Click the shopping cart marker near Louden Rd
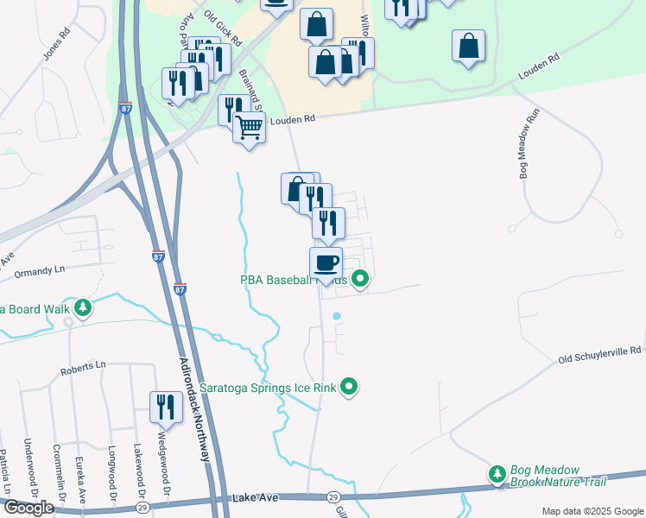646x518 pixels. tap(250, 128)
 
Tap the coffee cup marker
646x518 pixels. tap(326, 262)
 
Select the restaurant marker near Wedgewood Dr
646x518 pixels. tap(166, 407)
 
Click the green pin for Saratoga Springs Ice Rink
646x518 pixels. tap(349, 387)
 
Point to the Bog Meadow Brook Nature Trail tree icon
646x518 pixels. tap(497, 474)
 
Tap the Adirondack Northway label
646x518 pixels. tap(196, 410)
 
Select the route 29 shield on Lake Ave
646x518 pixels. tap(332, 497)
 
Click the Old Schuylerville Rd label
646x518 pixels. tap(599, 352)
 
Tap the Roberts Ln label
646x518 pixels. tap(83, 369)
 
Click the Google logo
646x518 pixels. tap(28, 508)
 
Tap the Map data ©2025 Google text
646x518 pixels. tap(592, 511)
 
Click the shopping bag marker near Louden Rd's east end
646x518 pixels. tap(467, 46)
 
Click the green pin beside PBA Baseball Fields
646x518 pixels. tap(361, 279)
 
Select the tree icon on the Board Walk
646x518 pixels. tap(83, 307)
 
